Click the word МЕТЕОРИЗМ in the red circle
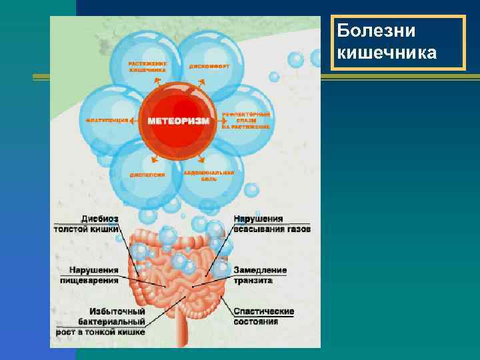[x=179, y=121]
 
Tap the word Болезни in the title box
[x=377, y=31]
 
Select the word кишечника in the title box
[x=387, y=52]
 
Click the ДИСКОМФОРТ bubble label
[x=209, y=67]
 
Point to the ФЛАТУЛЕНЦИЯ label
[x=106, y=121]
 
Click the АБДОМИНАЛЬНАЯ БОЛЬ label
[x=209, y=175]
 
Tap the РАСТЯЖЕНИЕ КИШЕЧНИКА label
[x=148, y=66]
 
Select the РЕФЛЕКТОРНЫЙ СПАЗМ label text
[x=246, y=121]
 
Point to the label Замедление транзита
[x=261, y=275]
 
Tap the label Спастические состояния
[x=264, y=316]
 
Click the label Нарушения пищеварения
[x=94, y=275]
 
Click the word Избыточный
[x=117, y=311]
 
